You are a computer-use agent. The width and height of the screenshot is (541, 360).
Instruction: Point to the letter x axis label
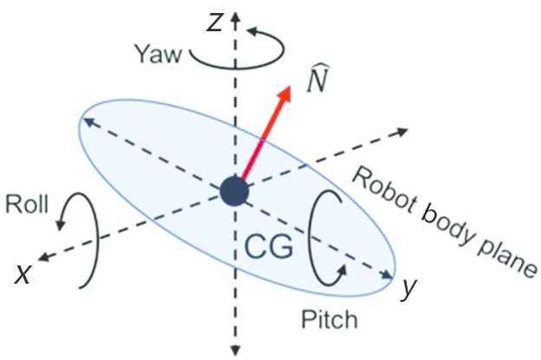(x=25, y=274)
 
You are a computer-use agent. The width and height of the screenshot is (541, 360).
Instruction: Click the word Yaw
(x=157, y=55)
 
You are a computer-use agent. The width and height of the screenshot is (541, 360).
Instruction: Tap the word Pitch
(x=330, y=322)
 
